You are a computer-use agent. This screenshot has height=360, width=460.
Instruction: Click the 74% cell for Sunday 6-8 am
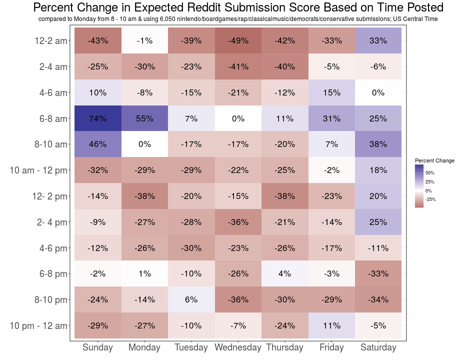(x=97, y=118)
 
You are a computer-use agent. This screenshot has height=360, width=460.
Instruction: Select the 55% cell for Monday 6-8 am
(x=144, y=118)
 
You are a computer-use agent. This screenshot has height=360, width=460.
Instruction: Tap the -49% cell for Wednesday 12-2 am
(x=238, y=41)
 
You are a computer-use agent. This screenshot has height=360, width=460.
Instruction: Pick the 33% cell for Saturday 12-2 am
(x=378, y=41)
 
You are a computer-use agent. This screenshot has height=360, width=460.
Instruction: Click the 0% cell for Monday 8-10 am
(x=144, y=144)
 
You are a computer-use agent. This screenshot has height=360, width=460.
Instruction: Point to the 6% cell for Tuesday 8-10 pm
(x=191, y=299)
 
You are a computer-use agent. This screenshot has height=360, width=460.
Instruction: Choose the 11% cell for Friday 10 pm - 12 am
(x=331, y=325)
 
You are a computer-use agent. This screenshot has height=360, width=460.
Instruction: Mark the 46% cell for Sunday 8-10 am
(x=97, y=144)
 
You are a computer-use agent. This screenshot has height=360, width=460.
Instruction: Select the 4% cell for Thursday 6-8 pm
(x=284, y=273)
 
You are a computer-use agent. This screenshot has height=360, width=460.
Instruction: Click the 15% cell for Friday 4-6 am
(x=331, y=92)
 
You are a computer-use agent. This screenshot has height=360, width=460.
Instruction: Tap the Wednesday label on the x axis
(x=238, y=347)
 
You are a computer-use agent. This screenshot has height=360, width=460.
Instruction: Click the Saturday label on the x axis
(x=378, y=347)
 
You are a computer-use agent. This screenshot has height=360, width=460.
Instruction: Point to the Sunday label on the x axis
(x=97, y=347)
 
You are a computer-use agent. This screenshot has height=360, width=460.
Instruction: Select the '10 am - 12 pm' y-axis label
(x=38, y=170)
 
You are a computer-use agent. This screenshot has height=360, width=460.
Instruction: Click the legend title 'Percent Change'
(x=434, y=160)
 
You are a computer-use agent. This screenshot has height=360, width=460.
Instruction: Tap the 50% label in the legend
(x=430, y=172)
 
